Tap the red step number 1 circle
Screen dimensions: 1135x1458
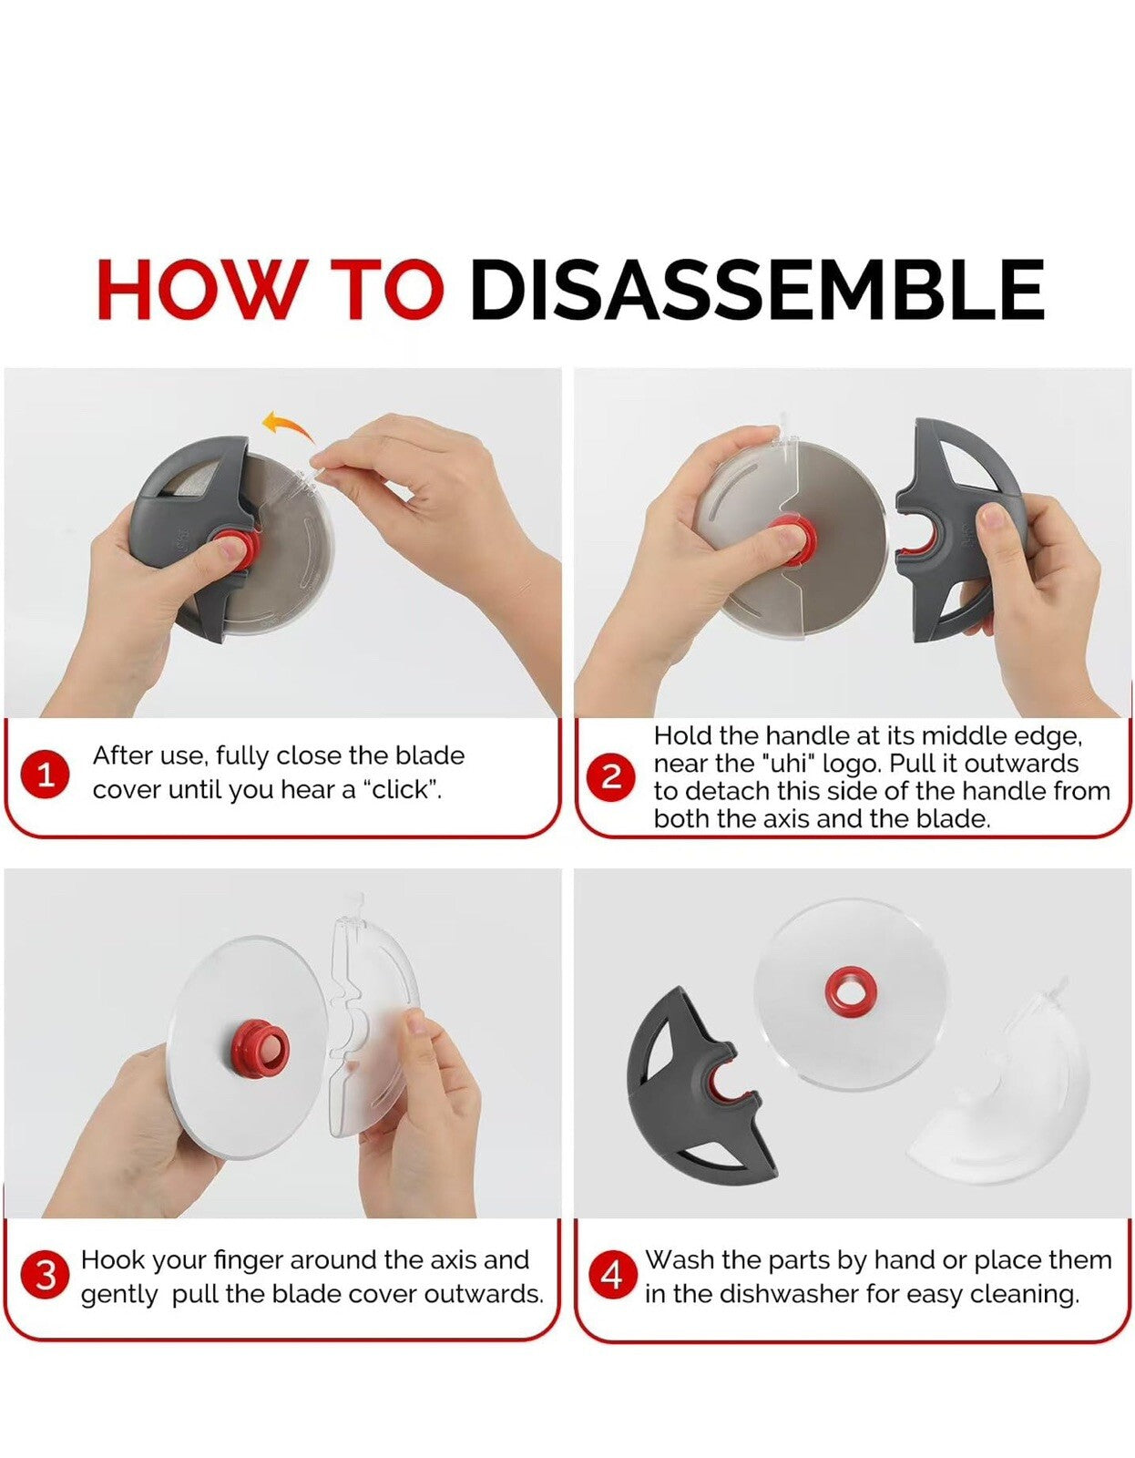[x=46, y=776]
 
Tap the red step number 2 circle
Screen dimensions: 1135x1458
[x=610, y=776]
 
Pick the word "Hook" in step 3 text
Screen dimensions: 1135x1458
[x=111, y=1259]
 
